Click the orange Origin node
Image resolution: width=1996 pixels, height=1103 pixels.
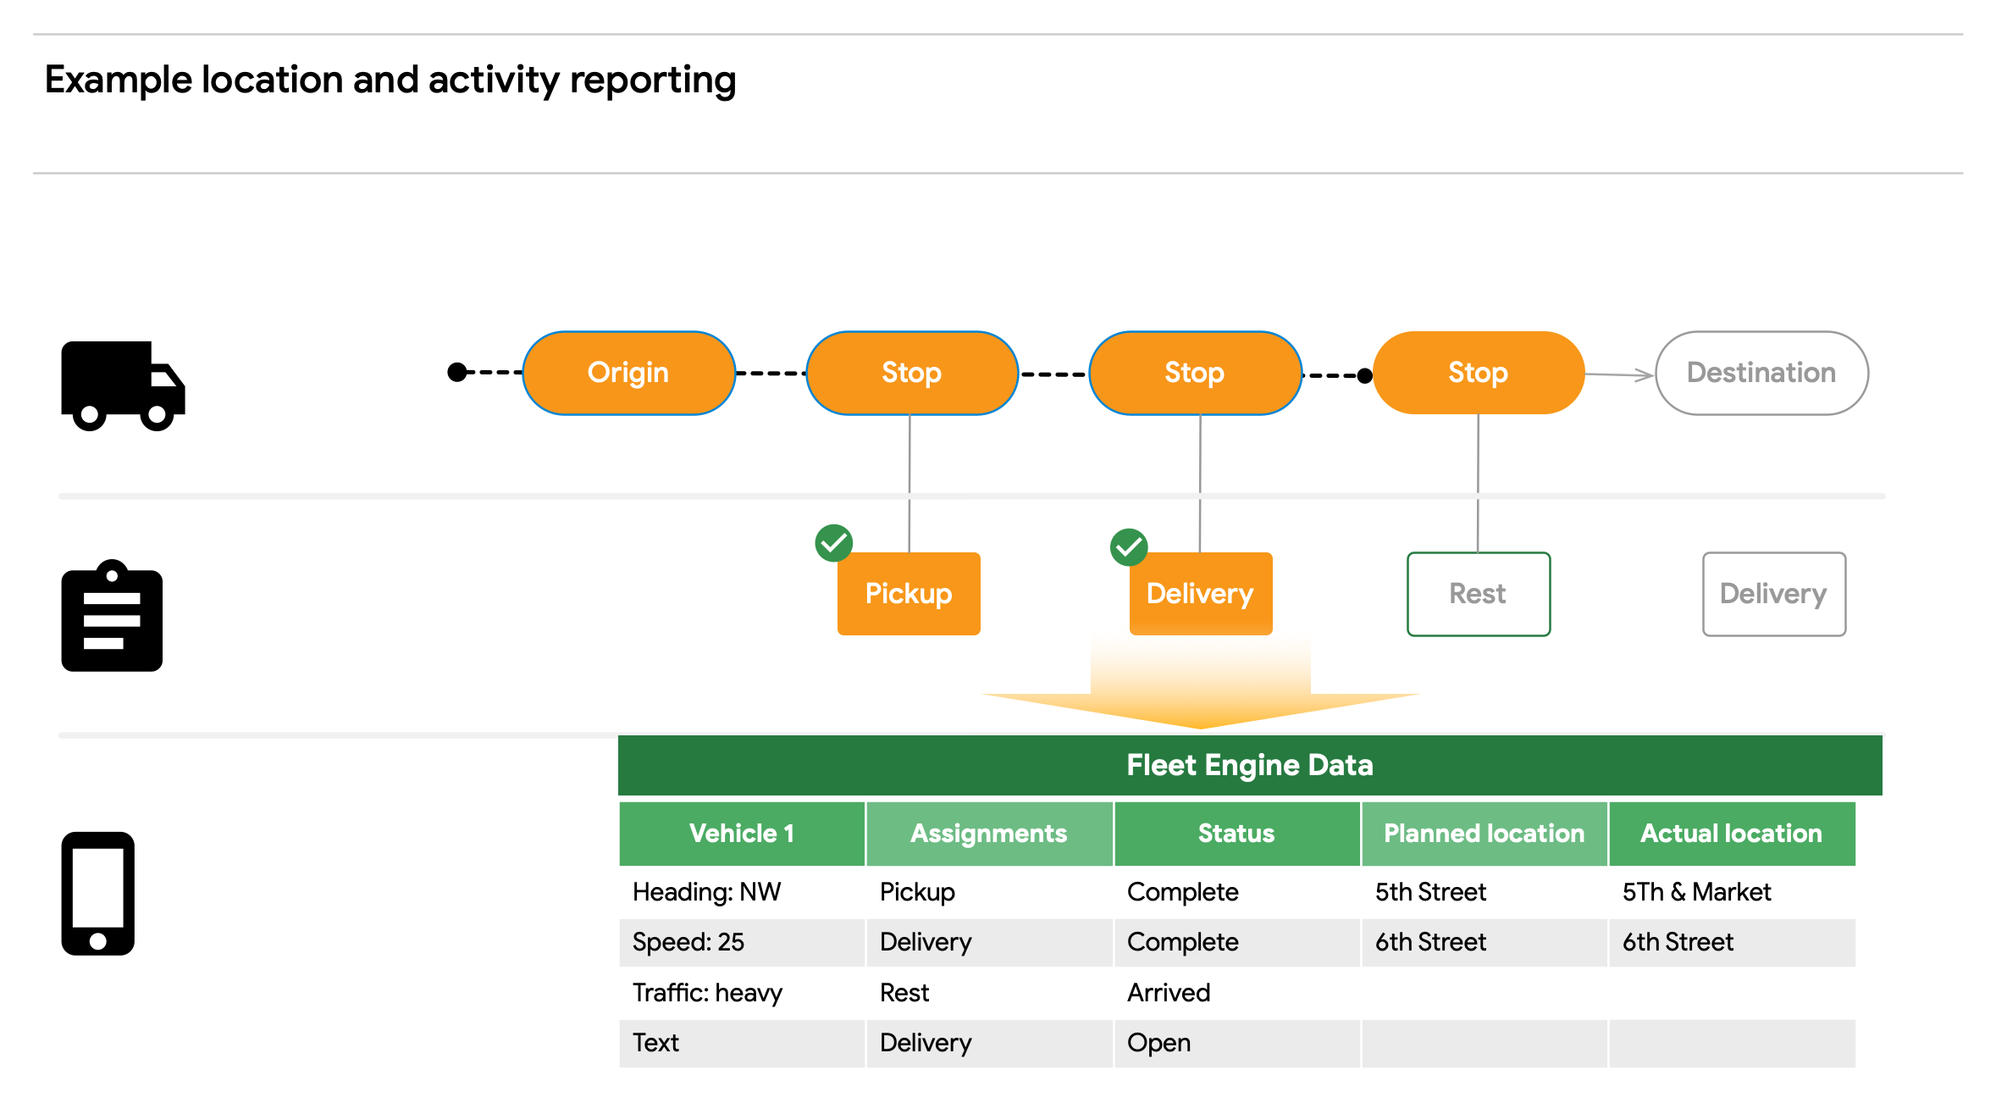coord(628,373)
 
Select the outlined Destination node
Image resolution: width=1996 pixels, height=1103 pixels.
coord(1761,373)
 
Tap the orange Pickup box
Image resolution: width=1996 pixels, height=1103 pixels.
coord(909,594)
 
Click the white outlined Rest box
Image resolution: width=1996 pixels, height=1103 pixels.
coord(1478,594)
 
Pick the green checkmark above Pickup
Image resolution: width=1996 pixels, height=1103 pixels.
coord(833,543)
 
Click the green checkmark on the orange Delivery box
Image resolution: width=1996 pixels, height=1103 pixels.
coord(1129,547)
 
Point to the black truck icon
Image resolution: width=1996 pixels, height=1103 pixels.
coord(123,385)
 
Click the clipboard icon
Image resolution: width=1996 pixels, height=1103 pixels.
coord(112,616)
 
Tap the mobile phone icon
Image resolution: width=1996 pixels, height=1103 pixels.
coord(98,893)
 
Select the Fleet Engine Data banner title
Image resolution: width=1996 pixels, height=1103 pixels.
coord(1249,765)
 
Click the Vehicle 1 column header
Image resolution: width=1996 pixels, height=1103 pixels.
coord(742,834)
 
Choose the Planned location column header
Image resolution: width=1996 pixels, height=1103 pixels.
coord(1484,834)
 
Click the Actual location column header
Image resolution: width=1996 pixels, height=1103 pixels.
coord(1731,834)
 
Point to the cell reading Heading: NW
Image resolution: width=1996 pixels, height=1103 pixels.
coord(707,892)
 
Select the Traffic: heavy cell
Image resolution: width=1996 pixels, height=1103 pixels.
coord(707,992)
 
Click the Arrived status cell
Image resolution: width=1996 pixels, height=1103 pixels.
coord(1169,992)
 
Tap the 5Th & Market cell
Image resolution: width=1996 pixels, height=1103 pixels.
coord(1696,892)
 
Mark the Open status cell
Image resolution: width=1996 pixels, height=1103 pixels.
coord(1158,1043)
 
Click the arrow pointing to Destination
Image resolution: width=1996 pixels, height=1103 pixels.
coord(1619,374)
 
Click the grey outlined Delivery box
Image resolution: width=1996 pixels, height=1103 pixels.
coord(1773,594)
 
